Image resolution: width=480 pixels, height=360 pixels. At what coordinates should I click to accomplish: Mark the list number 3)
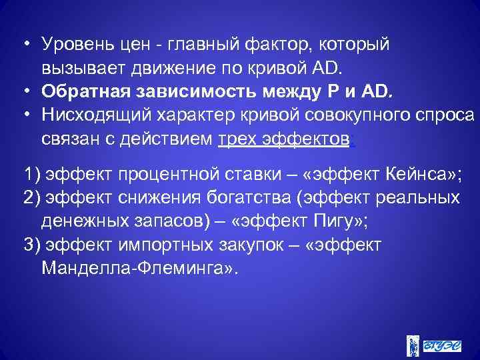(x=31, y=243)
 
